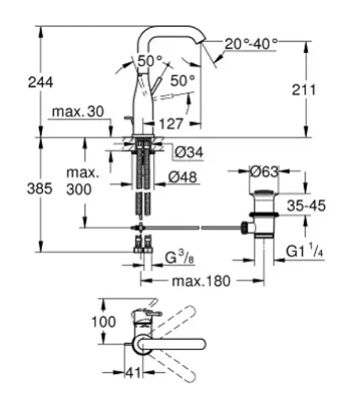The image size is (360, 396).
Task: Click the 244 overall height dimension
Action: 40,82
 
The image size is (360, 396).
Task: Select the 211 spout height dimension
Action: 304,89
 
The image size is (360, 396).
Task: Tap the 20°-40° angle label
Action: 251,44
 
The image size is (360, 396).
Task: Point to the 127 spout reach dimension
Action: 171,124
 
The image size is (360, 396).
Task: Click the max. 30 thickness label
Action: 78,112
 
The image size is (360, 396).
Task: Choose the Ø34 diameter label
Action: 189,152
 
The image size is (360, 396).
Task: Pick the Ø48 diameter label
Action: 182,177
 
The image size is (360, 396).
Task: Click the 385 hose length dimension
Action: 40,188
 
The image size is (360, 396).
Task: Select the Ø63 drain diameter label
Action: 264,172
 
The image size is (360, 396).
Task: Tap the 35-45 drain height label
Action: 306,206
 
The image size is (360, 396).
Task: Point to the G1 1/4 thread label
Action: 304,251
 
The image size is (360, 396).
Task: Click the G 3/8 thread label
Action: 179,257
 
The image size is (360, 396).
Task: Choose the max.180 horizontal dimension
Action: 201,281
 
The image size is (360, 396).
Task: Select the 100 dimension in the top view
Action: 104,322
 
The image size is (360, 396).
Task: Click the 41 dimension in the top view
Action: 133,373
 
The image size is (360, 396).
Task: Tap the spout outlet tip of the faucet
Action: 201,42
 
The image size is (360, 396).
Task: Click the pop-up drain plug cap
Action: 264,192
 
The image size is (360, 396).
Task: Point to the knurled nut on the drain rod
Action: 244,227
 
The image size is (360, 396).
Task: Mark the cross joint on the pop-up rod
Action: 141,227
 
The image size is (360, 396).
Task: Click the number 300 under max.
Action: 79,189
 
